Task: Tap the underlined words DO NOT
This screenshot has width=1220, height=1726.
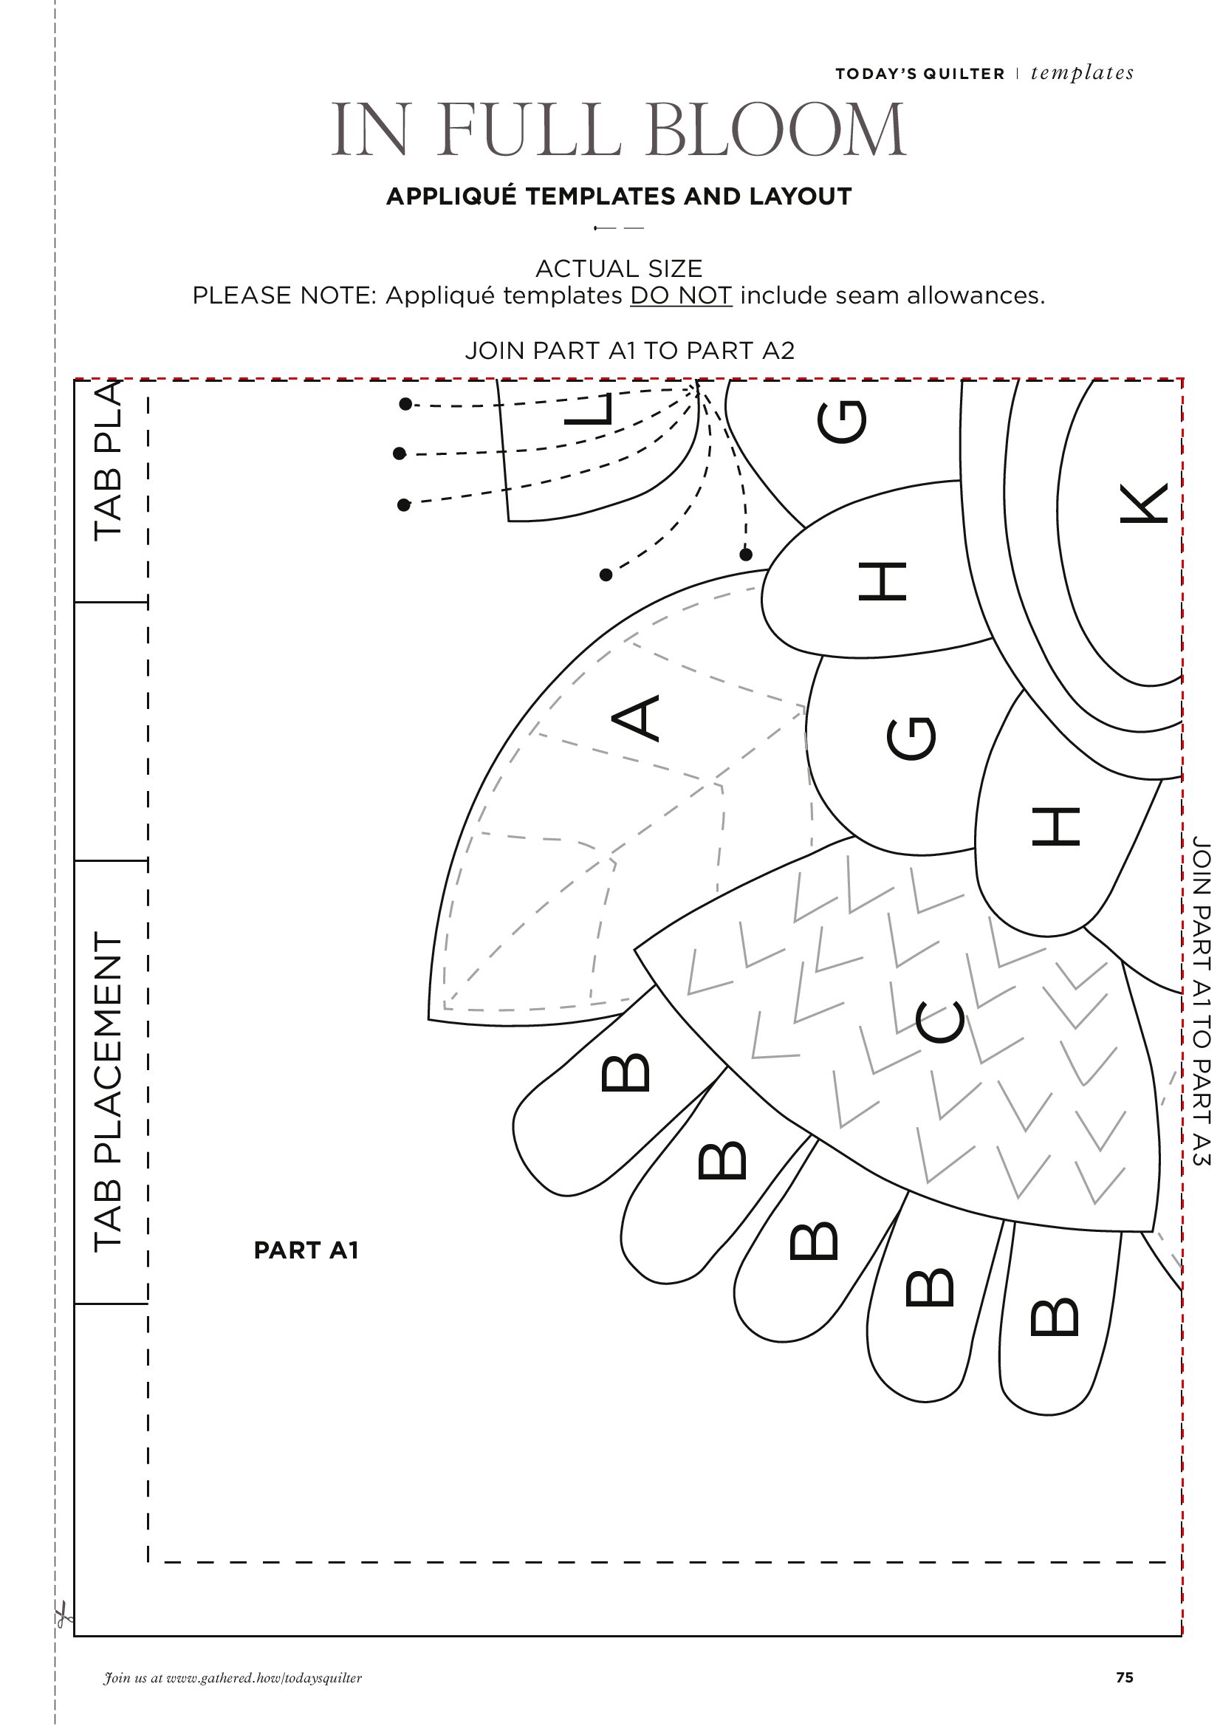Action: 681,295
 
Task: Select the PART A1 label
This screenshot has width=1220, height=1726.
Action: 306,1250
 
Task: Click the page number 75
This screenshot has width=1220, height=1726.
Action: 1125,1677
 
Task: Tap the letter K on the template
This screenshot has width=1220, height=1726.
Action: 1143,502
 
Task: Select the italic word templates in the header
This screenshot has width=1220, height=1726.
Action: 1083,73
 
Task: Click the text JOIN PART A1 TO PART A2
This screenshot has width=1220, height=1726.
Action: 630,350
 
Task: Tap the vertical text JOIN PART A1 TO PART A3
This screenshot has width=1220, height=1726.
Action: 1202,1000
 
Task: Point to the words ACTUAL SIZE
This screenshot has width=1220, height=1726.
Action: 619,268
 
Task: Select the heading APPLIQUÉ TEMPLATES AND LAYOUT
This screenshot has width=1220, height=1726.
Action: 619,196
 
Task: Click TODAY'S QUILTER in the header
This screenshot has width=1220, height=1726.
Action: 920,74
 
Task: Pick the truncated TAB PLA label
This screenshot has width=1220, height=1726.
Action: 108,460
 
